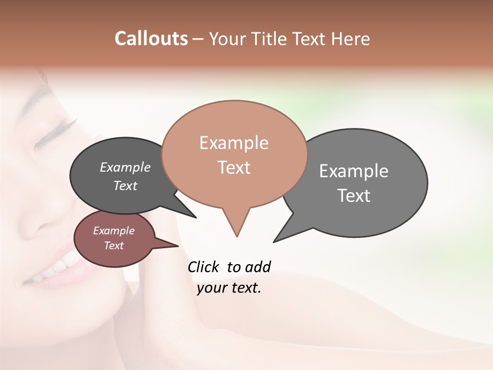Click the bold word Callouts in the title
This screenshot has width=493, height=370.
pyautogui.click(x=151, y=39)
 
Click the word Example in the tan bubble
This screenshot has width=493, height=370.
pyautogui.click(x=234, y=143)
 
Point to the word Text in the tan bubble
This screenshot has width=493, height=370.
pyautogui.click(x=234, y=168)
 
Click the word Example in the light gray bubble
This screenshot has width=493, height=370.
pyautogui.click(x=354, y=171)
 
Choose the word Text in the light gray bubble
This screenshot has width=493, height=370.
pyautogui.click(x=354, y=196)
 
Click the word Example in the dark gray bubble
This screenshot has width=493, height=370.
pyautogui.click(x=125, y=167)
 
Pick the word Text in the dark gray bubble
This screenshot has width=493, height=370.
pyautogui.click(x=125, y=186)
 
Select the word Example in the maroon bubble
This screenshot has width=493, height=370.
pyautogui.click(x=113, y=231)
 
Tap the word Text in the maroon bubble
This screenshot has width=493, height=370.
pyautogui.click(x=113, y=246)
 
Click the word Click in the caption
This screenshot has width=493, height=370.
pyautogui.click(x=204, y=267)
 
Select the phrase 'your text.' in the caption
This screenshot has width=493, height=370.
pyautogui.click(x=229, y=288)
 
